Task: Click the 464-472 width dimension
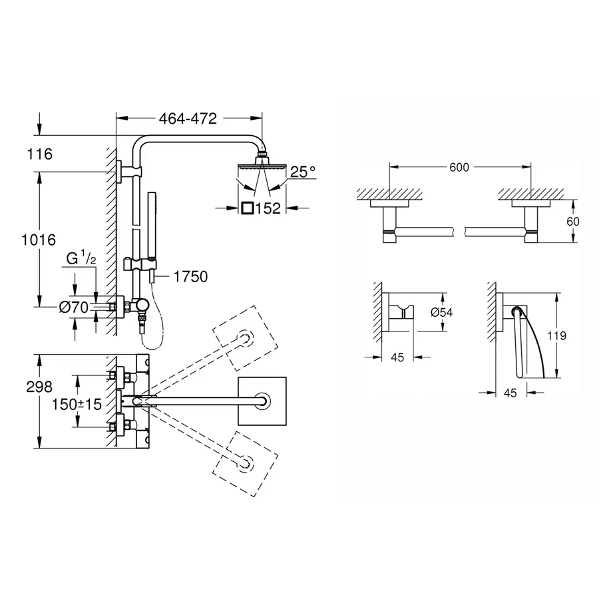point(188,119)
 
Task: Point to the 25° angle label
point(303,172)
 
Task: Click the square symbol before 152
point(247,208)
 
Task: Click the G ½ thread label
point(83,257)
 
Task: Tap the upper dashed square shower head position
point(244,337)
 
